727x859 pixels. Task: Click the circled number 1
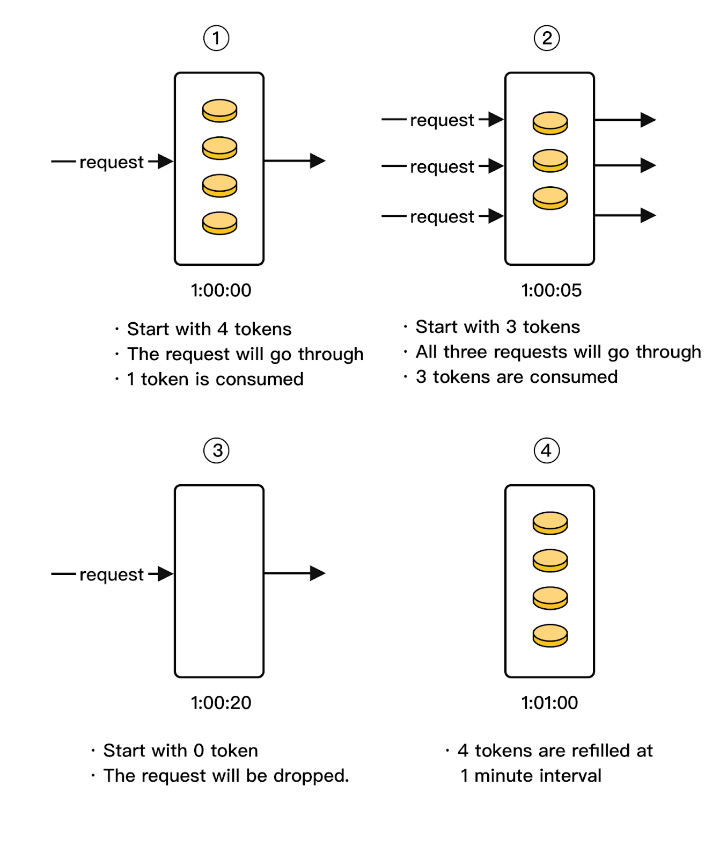click(x=216, y=38)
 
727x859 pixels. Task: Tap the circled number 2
click(x=547, y=38)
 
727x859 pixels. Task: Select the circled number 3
click(x=216, y=450)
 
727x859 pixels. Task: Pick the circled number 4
click(x=547, y=450)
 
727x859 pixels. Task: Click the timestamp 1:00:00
click(x=221, y=290)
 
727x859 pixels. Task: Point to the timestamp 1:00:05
click(x=551, y=290)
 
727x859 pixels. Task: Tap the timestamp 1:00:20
click(x=221, y=703)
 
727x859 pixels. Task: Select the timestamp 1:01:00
click(x=549, y=703)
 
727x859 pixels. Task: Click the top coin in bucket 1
click(x=219, y=111)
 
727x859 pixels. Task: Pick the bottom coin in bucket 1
click(x=219, y=223)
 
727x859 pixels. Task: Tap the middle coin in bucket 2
click(x=550, y=161)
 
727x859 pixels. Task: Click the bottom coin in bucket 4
click(x=550, y=636)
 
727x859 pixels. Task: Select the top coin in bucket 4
click(x=550, y=523)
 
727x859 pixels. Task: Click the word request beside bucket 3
click(x=112, y=574)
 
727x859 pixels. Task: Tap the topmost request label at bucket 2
click(x=442, y=120)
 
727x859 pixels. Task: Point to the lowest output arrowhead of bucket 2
click(x=648, y=215)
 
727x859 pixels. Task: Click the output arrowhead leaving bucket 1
click(x=318, y=161)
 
